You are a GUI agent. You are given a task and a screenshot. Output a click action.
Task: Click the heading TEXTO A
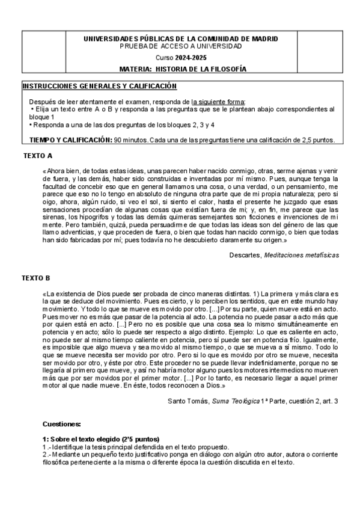click(38, 156)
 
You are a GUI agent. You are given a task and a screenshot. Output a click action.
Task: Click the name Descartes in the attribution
click(244, 255)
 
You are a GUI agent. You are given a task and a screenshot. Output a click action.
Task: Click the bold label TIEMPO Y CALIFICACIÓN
click(70, 140)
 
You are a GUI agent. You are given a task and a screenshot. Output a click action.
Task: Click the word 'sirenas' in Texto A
click(52, 217)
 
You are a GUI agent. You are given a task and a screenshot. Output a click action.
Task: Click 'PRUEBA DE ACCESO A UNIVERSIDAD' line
click(180, 46)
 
